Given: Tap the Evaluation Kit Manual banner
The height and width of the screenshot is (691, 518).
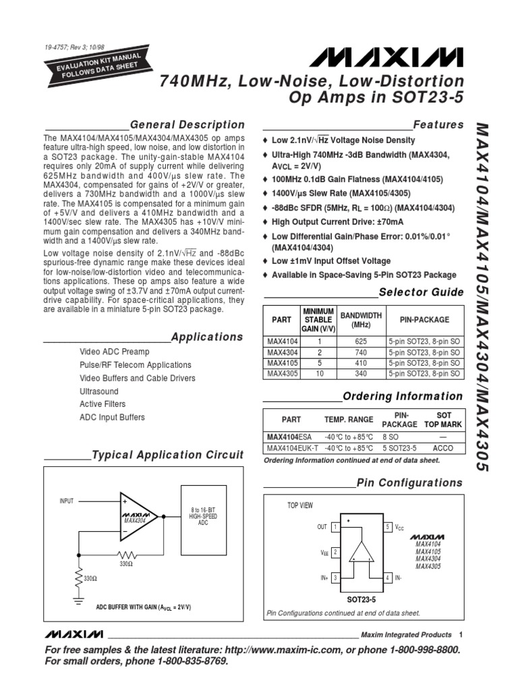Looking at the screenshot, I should pyautogui.click(x=92, y=65).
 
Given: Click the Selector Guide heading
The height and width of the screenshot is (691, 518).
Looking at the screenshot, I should pyautogui.click(x=421, y=292).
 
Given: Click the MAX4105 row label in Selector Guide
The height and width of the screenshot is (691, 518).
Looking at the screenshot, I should pyautogui.click(x=281, y=362).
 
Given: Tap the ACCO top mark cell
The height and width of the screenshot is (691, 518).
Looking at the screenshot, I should pyautogui.click(x=443, y=447).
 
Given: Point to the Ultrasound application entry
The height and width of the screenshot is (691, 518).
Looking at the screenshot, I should pyautogui.click(x=98, y=391).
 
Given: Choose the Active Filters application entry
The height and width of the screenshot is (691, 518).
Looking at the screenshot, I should pyautogui.click(x=103, y=404).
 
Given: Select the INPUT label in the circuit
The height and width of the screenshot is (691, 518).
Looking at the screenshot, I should pyautogui.click(x=66, y=501).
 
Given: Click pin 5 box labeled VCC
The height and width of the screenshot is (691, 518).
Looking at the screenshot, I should pyautogui.click(x=388, y=526).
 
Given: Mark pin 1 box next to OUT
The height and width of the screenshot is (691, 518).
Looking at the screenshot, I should pyautogui.click(x=335, y=527).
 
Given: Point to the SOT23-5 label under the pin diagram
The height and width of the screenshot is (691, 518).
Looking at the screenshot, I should pyautogui.click(x=361, y=599).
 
